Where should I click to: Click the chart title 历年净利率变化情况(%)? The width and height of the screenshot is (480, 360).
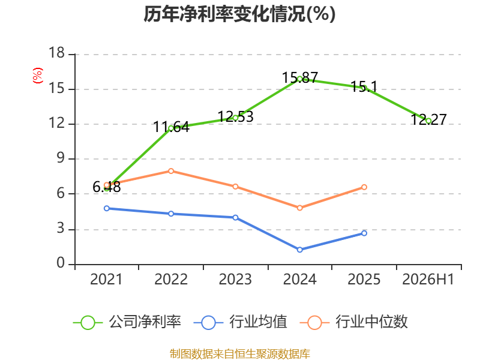pos(239,14)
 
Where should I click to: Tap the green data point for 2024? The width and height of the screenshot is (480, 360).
pos(299,79)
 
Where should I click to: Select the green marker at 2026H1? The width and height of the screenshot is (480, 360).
pos(428,121)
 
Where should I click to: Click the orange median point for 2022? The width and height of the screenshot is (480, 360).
pos(171,171)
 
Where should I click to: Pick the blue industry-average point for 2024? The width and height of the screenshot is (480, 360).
pos(299,250)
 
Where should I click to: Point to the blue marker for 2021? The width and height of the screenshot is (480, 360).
pos(107,208)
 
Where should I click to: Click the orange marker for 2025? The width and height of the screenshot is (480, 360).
pos(364,187)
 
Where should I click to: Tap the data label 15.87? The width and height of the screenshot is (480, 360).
pos(300,77)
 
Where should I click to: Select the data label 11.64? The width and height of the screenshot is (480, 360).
pos(172,127)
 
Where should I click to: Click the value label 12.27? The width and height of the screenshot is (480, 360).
pos(428,119)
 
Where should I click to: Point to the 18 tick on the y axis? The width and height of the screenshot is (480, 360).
pos(56,53)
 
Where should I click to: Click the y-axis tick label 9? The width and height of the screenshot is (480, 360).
pos(61,158)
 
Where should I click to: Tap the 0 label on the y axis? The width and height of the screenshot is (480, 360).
pos(61,263)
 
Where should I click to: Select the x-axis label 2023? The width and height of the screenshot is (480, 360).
pos(235,280)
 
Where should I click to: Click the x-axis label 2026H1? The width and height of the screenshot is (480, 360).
pos(428,280)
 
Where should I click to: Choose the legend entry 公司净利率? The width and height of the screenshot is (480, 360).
pos(127,322)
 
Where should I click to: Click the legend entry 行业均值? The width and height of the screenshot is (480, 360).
pos(241,322)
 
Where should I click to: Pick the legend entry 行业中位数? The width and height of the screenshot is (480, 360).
pos(354,322)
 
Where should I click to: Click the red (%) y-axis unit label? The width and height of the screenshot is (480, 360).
pos(38,76)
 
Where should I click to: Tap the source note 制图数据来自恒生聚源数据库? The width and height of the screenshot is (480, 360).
pos(240,354)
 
